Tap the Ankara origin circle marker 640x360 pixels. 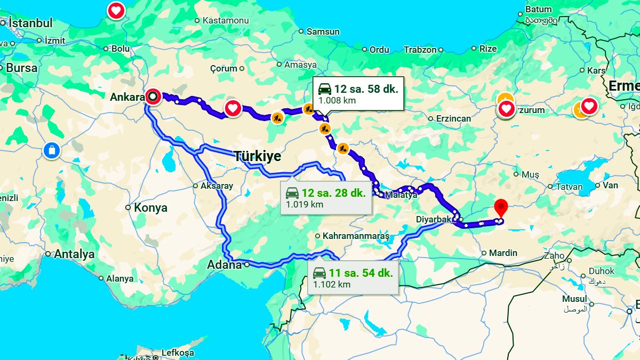pyautogui.click(x=153, y=97)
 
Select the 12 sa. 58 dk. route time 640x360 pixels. pyautogui.click(x=366, y=89)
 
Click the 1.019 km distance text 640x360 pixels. pyautogui.click(x=305, y=204)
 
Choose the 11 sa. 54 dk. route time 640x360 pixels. pyautogui.click(x=361, y=273)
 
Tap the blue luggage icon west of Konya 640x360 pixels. pyautogui.click(x=52, y=150)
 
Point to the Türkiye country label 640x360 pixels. pyautogui.click(x=257, y=156)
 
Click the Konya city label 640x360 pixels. pyautogui.click(x=150, y=208)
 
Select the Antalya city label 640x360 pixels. pyautogui.click(x=74, y=254)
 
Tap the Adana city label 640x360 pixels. pyautogui.click(x=225, y=265)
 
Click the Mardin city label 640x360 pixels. pyautogui.click(x=503, y=253)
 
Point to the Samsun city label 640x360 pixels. pyautogui.click(x=323, y=31)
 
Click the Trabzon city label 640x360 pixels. pyautogui.click(x=420, y=50)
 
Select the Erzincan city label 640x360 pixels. pyautogui.click(x=453, y=118)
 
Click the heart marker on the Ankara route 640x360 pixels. pyautogui.click(x=233, y=108)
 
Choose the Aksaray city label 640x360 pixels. pyautogui.click(x=217, y=186)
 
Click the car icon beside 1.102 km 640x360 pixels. pyautogui.click(x=319, y=273)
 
